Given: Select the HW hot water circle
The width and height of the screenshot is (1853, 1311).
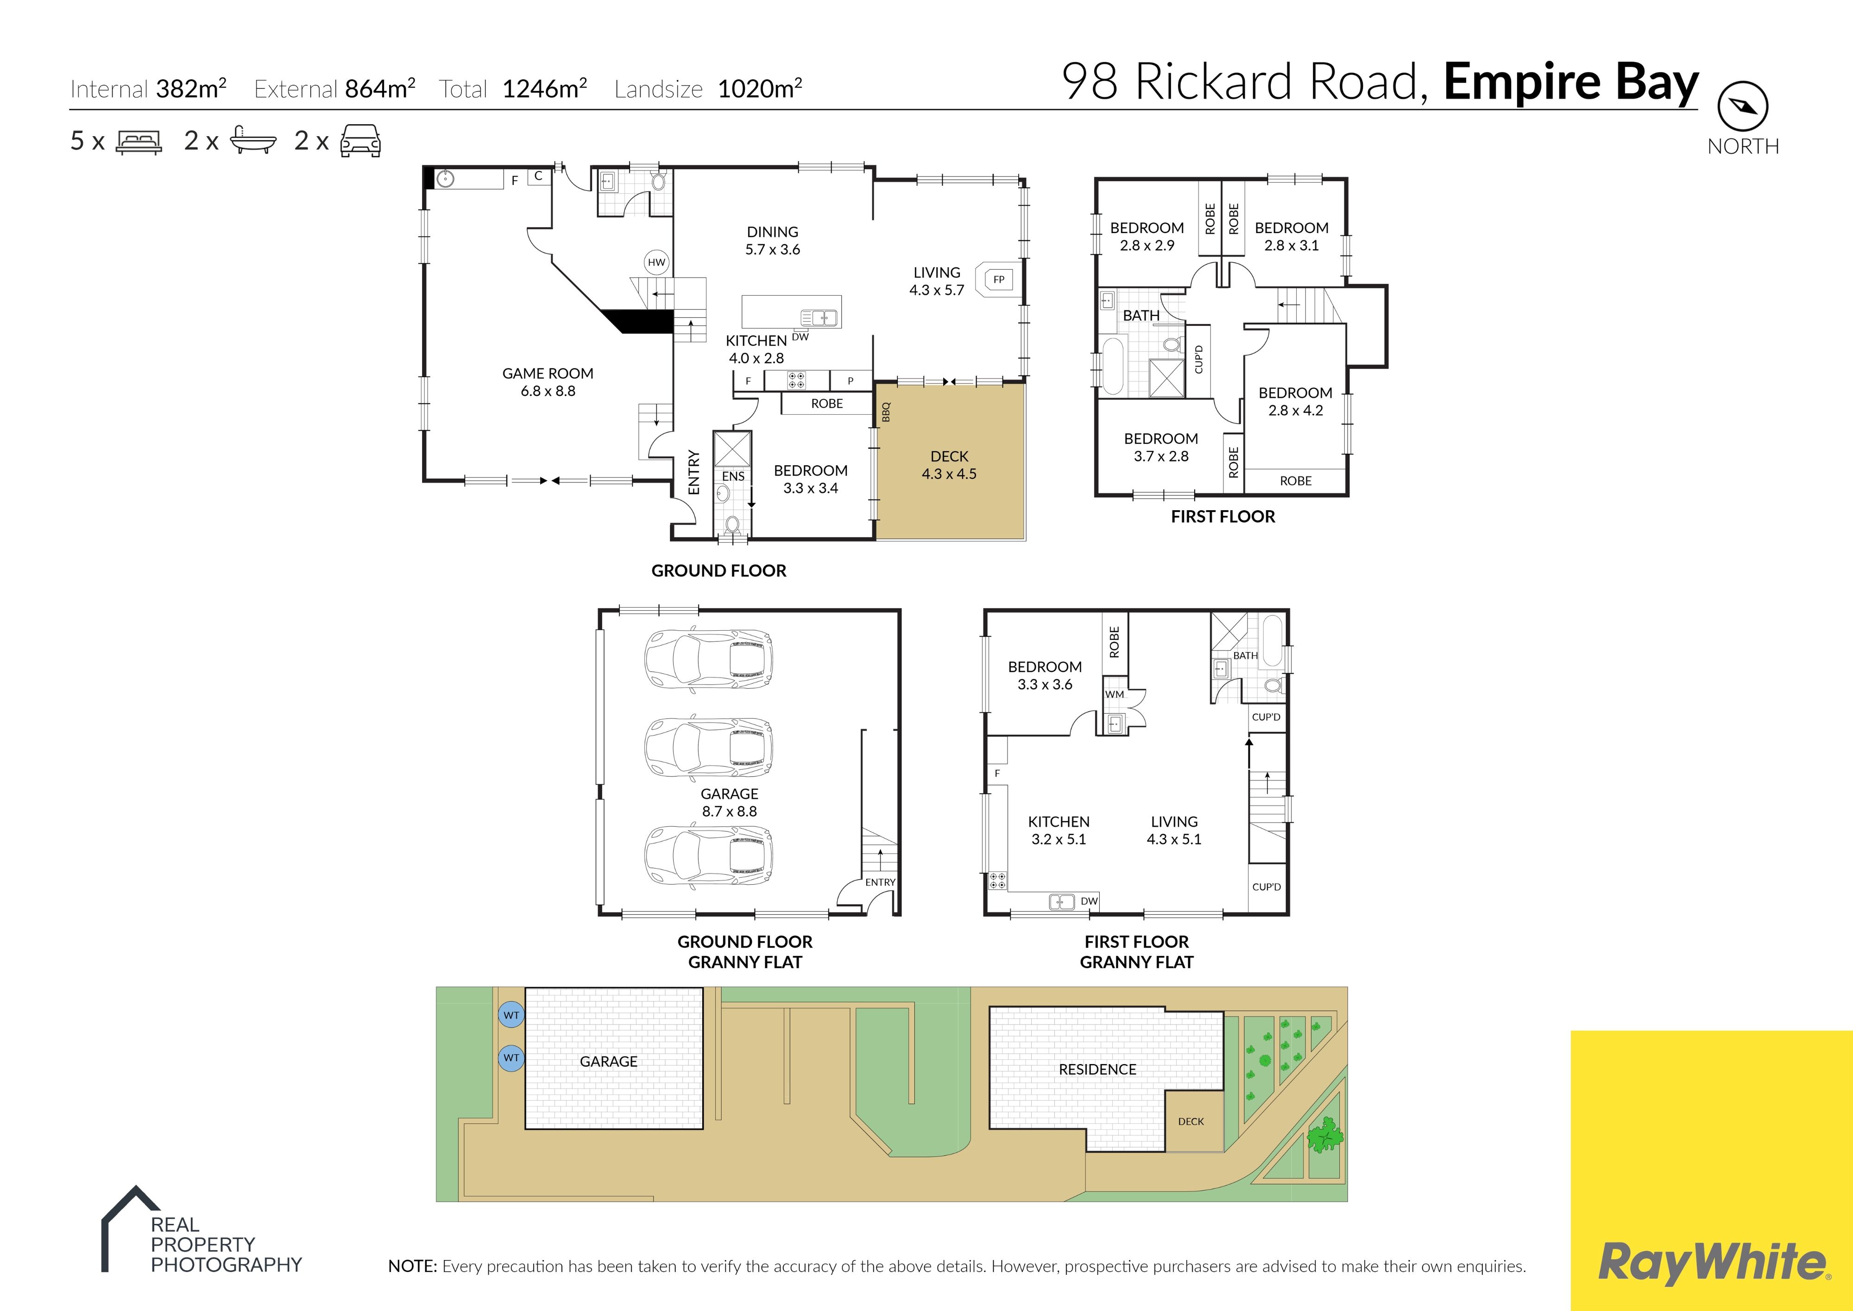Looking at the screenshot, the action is point(656,261).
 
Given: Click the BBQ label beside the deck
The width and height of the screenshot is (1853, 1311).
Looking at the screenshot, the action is point(885,412).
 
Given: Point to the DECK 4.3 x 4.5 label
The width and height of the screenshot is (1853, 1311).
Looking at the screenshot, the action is point(949,465).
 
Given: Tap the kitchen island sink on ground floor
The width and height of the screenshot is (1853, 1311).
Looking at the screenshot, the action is point(819,317).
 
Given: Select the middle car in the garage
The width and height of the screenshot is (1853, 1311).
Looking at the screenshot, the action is point(708,746).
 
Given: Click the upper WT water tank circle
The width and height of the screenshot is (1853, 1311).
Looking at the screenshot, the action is point(511,1015).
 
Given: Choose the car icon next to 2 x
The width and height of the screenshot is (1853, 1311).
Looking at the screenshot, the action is point(360,140).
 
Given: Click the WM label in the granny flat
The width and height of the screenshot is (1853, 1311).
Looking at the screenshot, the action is point(1115,694).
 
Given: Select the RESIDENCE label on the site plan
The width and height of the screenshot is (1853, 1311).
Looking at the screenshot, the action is point(1097,1070).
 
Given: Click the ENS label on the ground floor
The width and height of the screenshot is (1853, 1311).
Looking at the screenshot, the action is point(733,476).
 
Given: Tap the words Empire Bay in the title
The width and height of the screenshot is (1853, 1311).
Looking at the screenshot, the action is point(1570,83).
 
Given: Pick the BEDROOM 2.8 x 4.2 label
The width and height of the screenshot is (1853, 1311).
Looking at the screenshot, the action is point(1295,401).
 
